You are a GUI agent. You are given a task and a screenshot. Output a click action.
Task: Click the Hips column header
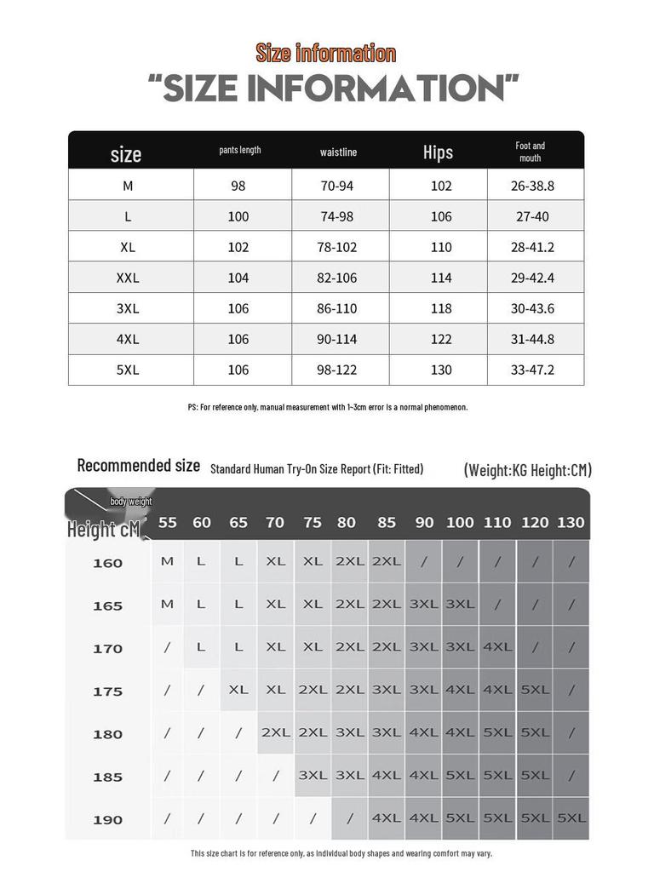pos(438,152)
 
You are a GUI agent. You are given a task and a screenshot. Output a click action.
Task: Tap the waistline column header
pos(338,152)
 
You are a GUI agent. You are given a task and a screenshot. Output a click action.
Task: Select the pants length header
pos(239,150)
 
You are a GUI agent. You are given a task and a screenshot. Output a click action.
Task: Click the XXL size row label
pos(128,278)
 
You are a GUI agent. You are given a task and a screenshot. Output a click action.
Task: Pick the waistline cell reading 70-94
pos(337,186)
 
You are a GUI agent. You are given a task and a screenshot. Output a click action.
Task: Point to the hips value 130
pos(441,370)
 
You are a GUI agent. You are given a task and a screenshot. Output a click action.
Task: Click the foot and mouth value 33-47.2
pos(532,370)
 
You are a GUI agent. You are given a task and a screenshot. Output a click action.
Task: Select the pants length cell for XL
pos(238,247)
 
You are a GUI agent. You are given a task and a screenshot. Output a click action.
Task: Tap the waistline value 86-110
pos(337,308)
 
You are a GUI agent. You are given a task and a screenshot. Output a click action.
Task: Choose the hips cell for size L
pos(441,216)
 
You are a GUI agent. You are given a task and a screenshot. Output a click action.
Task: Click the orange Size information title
pos(326,54)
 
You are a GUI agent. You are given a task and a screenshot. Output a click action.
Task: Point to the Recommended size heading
pos(139,465)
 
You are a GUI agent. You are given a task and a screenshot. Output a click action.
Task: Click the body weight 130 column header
pos(571,522)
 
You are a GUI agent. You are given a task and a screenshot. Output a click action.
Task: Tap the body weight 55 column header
pos(168,522)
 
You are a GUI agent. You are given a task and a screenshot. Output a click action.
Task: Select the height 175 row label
pos(108,691)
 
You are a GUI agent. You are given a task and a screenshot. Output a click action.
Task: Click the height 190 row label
pos(108,819)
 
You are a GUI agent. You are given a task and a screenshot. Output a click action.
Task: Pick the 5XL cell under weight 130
pos(571,818)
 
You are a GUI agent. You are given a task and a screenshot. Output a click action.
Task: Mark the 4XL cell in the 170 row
pos(497,647)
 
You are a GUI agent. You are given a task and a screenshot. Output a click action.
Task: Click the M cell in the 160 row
pos(167,561)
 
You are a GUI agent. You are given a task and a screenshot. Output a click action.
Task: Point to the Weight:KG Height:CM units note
pos(527,470)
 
